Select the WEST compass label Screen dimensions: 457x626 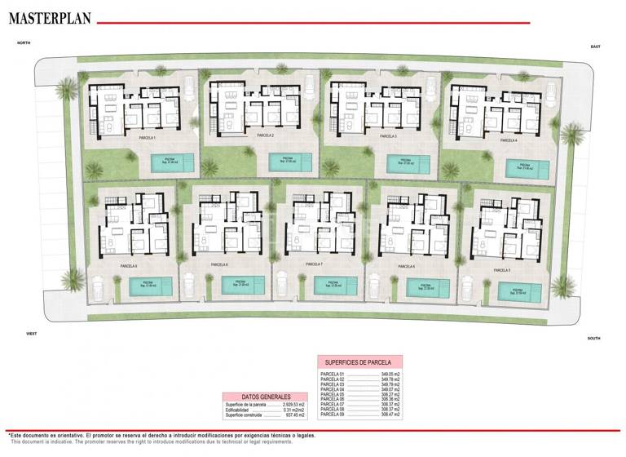(x=31, y=334)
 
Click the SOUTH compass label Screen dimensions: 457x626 (x=593, y=337)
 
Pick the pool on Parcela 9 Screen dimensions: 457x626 (x=152, y=286)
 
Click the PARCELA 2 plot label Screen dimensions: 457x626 (x=264, y=135)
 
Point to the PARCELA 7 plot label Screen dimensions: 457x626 (x=313, y=265)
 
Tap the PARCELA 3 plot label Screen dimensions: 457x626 (x=387, y=136)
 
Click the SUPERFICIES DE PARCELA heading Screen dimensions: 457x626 (x=359, y=362)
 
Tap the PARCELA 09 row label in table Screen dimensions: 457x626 (x=333, y=415)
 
